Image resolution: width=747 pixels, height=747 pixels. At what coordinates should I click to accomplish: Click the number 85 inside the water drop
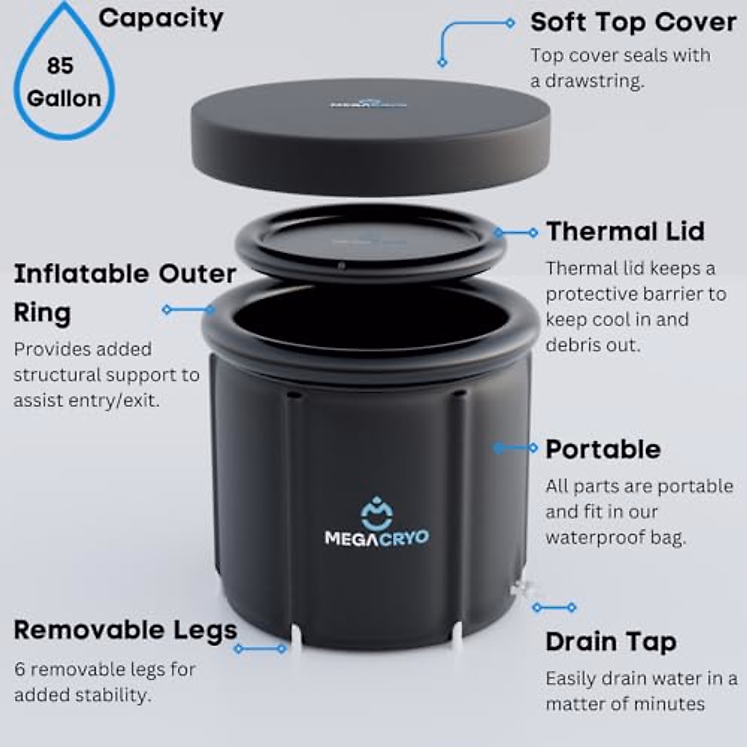coord(60,65)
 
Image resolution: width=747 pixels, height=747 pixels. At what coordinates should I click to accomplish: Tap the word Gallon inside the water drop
coord(63,98)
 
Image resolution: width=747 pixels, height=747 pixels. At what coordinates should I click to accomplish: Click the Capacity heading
coord(161,18)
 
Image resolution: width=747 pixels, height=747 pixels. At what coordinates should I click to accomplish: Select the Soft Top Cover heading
coord(632,22)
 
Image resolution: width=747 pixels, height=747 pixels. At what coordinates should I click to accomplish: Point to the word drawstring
coord(594,81)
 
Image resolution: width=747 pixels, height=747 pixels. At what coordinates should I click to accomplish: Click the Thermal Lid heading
coord(625,232)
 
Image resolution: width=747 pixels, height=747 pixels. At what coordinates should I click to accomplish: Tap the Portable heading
coord(603,449)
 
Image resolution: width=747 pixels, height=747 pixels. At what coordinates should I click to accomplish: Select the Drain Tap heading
coord(610,642)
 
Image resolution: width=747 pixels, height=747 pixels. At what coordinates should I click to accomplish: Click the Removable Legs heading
coord(125,630)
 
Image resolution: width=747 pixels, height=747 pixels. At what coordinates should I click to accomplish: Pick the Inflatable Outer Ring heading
coord(125,293)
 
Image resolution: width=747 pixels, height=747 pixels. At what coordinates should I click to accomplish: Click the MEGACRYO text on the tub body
coord(377,537)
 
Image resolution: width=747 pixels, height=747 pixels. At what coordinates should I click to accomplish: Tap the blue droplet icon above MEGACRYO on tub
coord(377,512)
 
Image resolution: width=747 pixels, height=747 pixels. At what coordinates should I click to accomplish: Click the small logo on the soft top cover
coord(368,101)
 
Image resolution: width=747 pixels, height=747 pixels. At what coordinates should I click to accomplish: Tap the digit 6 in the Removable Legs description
coord(19,670)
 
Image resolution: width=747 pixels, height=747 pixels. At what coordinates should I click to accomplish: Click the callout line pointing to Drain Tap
coord(554,607)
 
